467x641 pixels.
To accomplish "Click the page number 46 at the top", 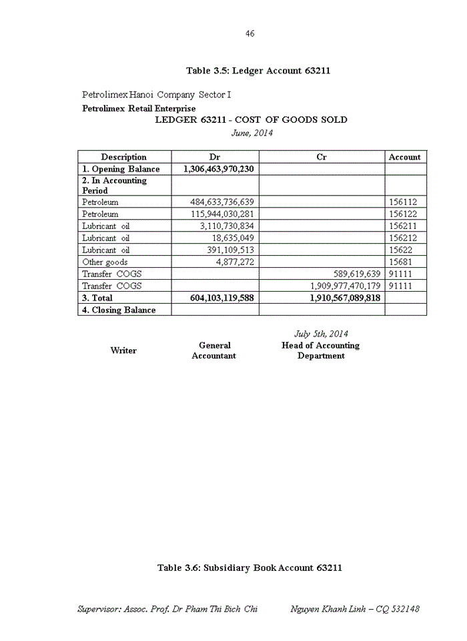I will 250,34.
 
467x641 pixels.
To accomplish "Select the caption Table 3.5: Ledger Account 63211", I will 258,71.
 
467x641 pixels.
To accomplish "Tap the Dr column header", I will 215,157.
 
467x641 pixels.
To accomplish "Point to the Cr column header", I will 321,157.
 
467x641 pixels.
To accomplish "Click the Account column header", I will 404,157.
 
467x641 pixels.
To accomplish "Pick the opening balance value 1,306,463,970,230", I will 218,169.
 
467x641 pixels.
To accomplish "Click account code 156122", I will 403,214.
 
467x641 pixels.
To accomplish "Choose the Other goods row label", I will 105,262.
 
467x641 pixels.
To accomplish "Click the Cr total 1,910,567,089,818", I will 345,298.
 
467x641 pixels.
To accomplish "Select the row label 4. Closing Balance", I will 119,310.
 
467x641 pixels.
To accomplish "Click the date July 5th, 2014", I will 321,333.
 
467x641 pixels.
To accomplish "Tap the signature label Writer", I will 123,351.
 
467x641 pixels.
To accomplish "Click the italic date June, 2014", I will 252,132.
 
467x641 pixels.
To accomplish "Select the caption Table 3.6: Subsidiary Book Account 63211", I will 250,568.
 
